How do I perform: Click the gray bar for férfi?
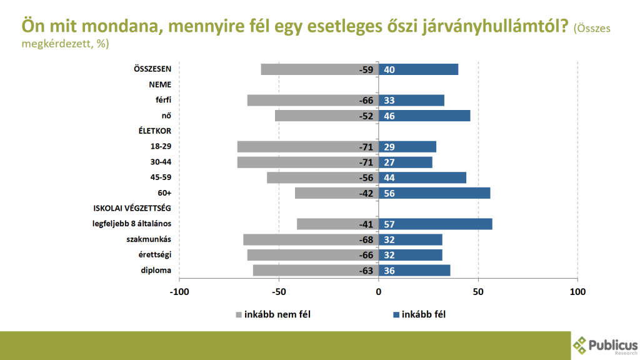pos(312,100)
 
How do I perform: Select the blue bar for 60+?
pos(434,193)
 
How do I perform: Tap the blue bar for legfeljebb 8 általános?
pos(435,224)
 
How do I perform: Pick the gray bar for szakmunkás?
pos(311,239)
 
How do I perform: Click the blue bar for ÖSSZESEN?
pos(418,69)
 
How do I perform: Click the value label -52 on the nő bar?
pos(366,116)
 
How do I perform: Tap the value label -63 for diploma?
pos(366,271)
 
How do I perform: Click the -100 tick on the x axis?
pos(179,291)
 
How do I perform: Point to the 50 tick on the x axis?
pos(478,291)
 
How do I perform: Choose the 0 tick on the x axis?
pos(379,291)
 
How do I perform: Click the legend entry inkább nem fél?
pos(272,314)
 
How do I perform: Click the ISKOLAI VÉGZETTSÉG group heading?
pos(132,209)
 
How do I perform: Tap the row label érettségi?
pos(156,255)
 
